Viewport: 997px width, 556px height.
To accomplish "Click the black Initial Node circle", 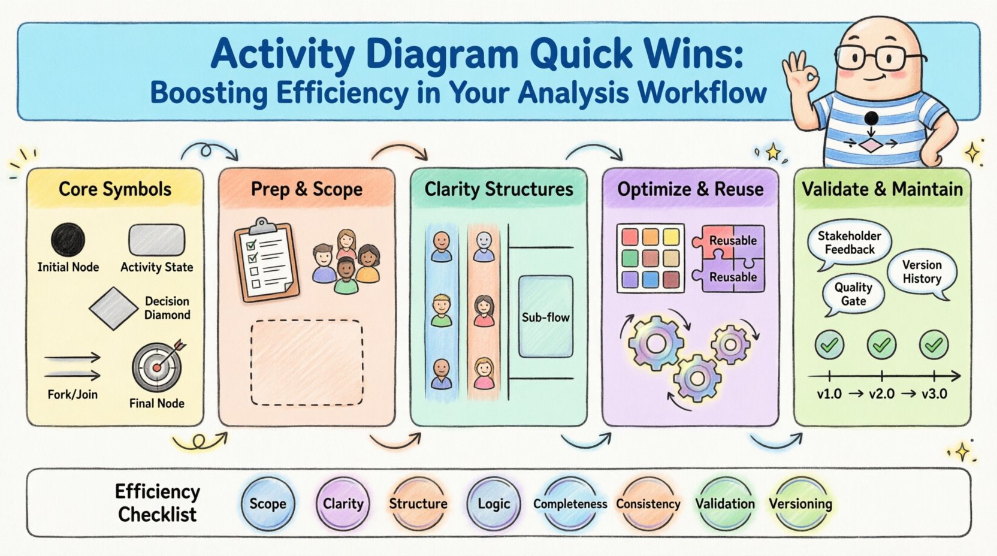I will tap(68, 240).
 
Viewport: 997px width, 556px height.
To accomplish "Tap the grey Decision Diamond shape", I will tap(114, 308).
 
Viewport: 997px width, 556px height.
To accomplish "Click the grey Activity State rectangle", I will tap(157, 240).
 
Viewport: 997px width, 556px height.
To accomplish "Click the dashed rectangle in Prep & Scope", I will tap(307, 363).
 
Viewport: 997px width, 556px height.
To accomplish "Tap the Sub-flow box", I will tap(545, 317).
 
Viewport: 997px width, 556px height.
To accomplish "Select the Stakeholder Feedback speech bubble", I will tap(849, 243).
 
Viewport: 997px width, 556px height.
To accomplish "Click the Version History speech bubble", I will tap(922, 272).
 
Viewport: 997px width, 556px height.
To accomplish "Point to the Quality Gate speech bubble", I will tap(853, 294).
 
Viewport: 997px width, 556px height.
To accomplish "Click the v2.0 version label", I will tap(881, 394).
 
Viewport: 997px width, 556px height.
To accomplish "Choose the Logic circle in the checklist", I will tap(494, 504).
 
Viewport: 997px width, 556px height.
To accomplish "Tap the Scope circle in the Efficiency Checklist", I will tap(268, 504).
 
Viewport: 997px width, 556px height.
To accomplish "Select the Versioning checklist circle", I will tap(800, 504).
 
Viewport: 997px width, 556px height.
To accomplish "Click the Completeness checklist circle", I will tap(570, 504).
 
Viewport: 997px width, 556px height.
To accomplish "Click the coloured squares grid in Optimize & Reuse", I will tap(651, 258).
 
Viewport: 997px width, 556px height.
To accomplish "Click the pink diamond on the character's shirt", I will tap(871, 144).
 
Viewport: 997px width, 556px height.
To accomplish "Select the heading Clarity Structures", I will tap(498, 189).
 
